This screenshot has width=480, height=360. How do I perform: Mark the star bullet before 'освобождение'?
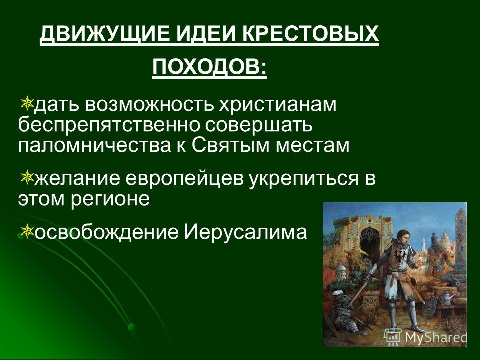27,231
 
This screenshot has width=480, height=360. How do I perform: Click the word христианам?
278,105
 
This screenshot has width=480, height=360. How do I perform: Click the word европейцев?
185,179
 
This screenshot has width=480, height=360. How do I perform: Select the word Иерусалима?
245,232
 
